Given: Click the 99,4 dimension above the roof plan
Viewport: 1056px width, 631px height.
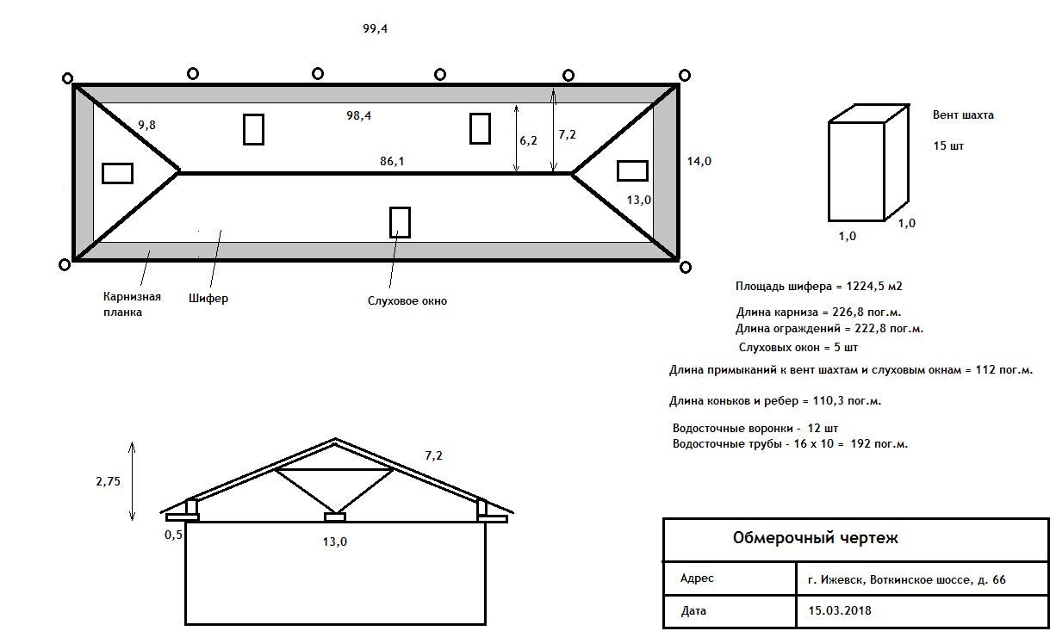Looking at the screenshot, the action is click(375, 28).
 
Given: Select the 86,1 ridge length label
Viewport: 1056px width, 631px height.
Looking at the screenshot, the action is click(392, 162).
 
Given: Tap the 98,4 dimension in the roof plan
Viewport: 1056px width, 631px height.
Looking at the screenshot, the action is click(358, 115).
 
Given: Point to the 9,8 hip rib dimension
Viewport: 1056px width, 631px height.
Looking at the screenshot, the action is click(146, 125).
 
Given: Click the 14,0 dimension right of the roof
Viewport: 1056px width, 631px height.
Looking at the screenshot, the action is click(699, 161).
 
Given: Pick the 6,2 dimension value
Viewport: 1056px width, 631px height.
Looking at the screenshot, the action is click(528, 140).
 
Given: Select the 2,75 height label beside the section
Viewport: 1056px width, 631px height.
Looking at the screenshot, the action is click(108, 481).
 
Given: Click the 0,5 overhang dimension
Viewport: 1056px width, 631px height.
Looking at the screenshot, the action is click(173, 535).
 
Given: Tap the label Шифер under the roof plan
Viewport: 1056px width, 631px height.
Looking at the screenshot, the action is click(208, 299).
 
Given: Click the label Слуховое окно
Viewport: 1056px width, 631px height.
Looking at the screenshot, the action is click(407, 300).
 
